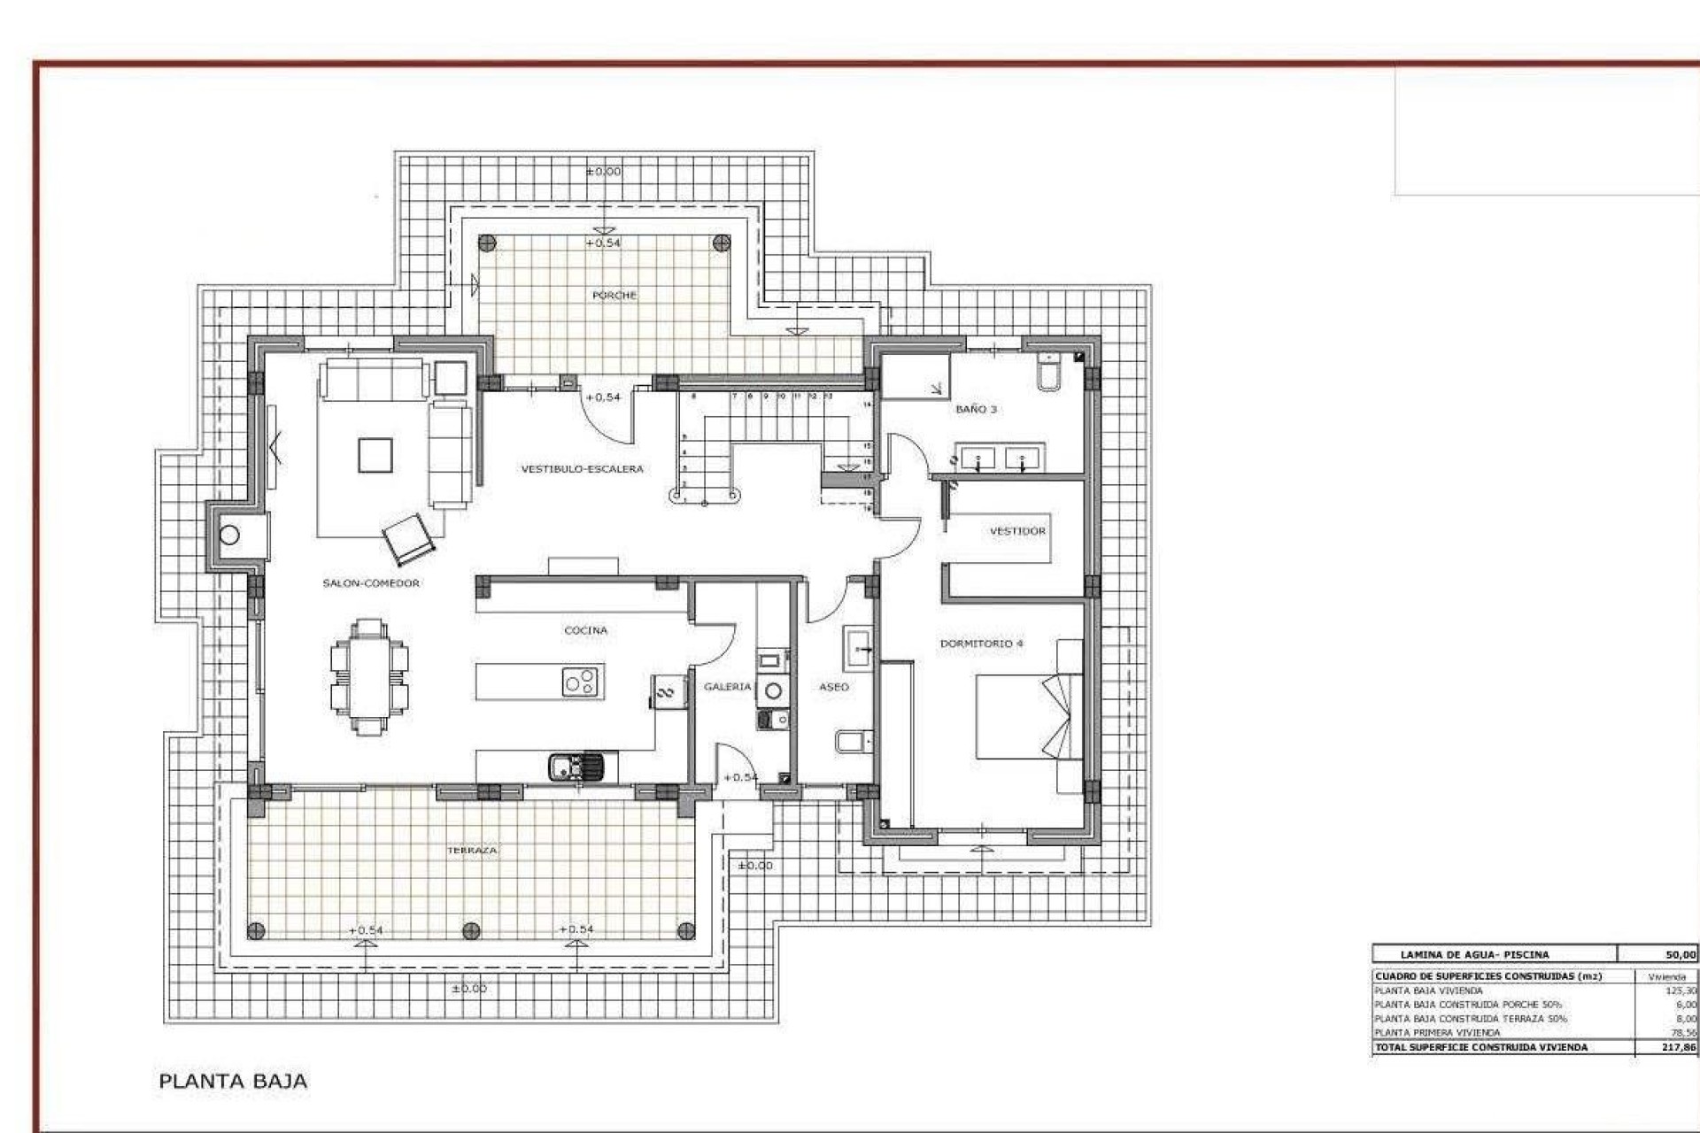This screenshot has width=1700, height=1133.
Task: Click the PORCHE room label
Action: [614, 295]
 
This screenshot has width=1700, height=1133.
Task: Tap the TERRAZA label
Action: [472, 850]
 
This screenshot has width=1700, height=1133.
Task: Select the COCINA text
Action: [585, 630]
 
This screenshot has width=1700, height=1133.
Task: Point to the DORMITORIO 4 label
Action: [981, 644]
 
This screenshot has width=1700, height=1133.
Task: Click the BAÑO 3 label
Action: [976, 409]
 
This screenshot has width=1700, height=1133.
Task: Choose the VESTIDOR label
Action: [1017, 531]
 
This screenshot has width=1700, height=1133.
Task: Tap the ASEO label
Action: [833, 687]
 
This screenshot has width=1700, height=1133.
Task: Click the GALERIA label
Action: [727, 687]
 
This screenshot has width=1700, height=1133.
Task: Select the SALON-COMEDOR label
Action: [371, 583]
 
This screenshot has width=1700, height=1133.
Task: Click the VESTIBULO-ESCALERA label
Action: [582, 469]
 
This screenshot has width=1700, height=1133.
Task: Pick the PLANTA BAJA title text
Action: [233, 1081]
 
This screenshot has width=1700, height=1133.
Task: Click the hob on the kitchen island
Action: [582, 682]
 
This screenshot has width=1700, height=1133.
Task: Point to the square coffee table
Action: [375, 455]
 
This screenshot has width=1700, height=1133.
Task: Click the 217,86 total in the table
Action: [1679, 1047]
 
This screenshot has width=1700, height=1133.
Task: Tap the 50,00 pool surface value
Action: [1681, 954]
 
